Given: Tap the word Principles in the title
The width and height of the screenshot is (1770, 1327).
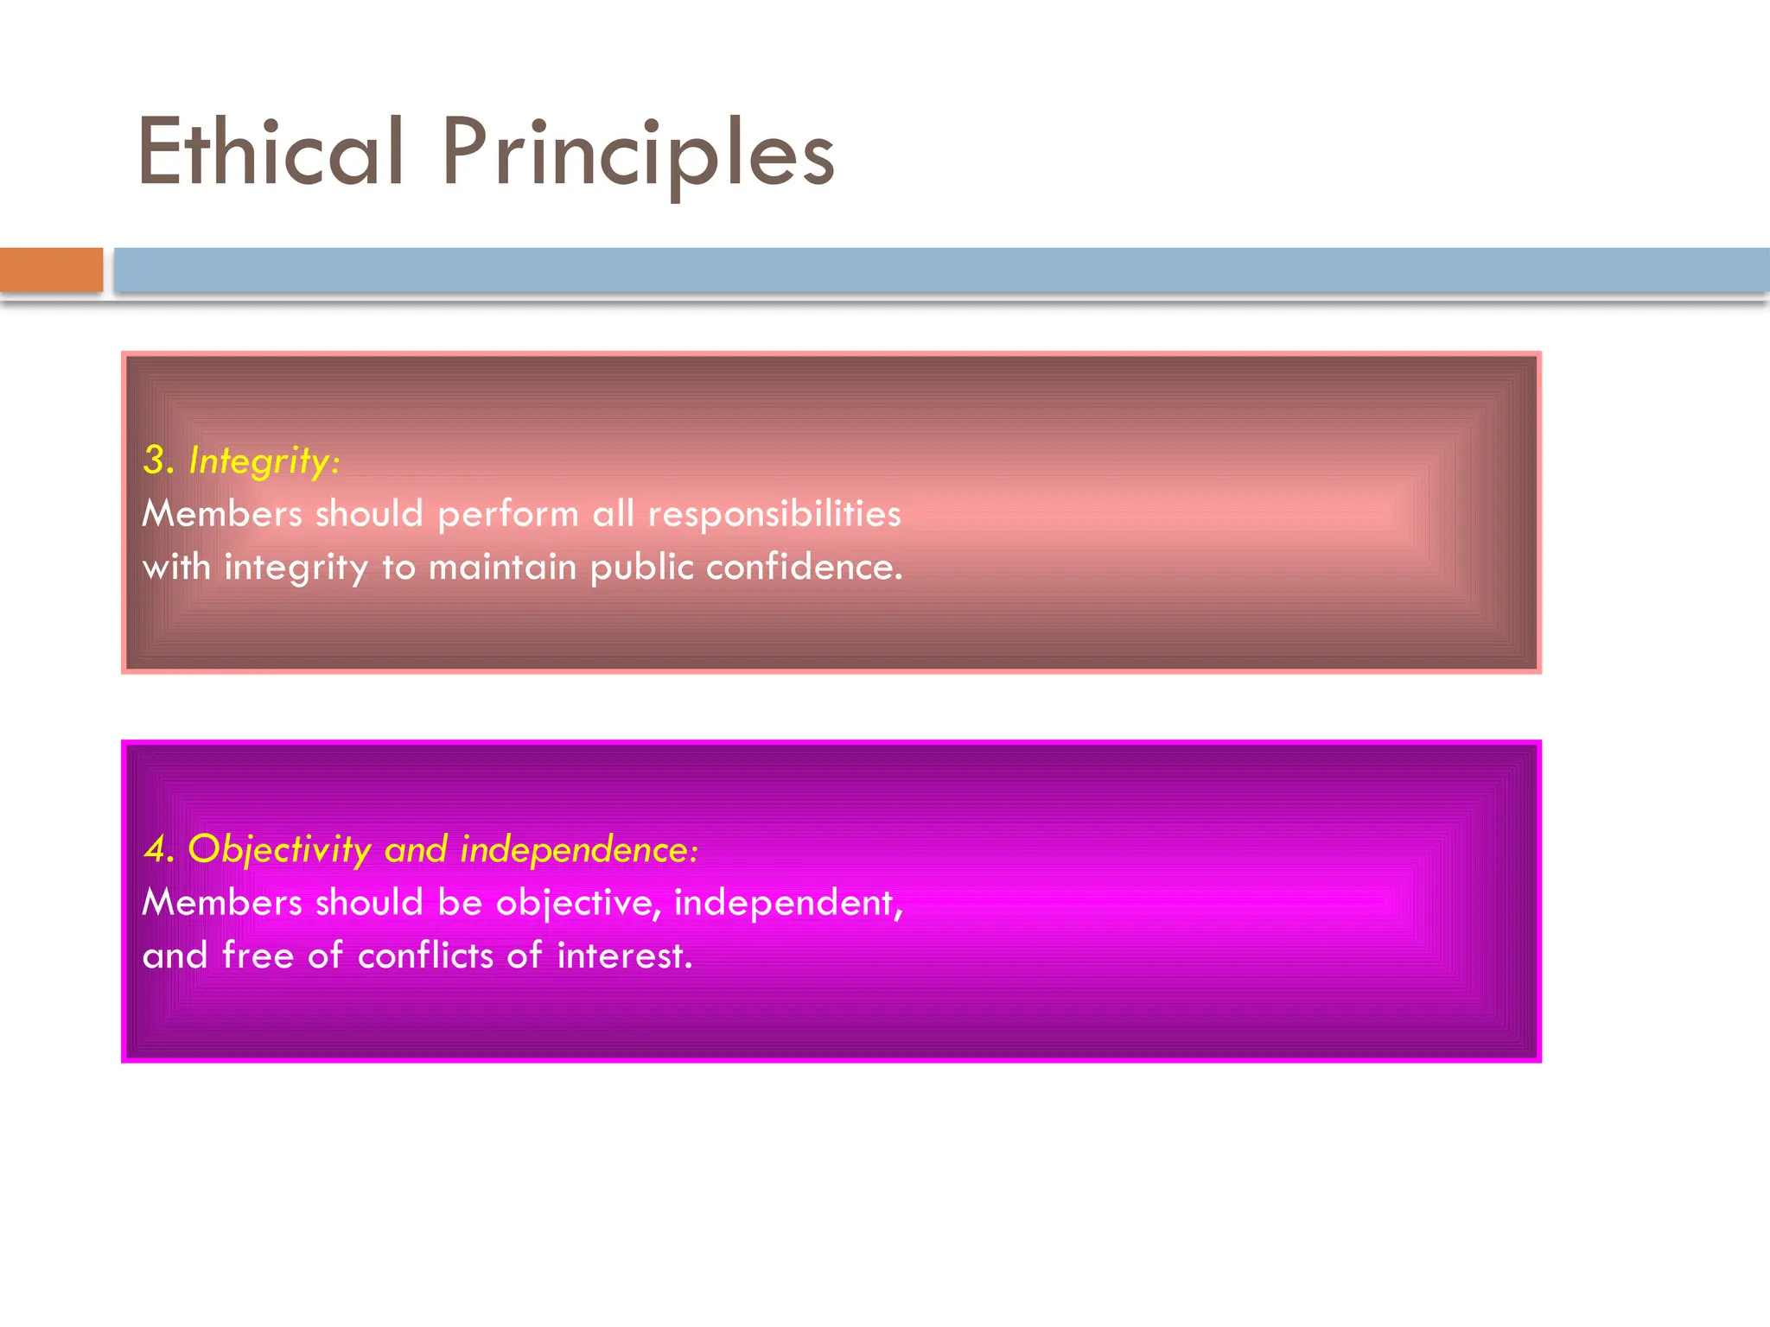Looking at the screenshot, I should pos(638,154).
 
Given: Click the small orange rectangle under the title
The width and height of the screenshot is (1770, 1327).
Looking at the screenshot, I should pos(51,270).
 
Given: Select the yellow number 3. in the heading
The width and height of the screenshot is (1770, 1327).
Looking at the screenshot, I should pos(160,460).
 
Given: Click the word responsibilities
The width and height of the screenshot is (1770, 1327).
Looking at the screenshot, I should pos(774,514).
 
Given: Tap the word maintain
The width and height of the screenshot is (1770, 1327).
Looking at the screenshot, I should pos(502,568).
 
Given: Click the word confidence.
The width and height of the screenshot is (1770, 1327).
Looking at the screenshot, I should pos(804,568).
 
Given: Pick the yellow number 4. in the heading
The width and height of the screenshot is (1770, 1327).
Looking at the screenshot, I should pos(160,849).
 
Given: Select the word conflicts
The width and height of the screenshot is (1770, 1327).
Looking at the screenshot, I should pos(426,956).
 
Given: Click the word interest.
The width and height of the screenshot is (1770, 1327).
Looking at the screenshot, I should pos(624,956).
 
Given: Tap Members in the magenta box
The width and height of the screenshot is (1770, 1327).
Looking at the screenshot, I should pos(222,903).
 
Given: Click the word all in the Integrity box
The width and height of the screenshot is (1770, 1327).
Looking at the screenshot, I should pos(613,514).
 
